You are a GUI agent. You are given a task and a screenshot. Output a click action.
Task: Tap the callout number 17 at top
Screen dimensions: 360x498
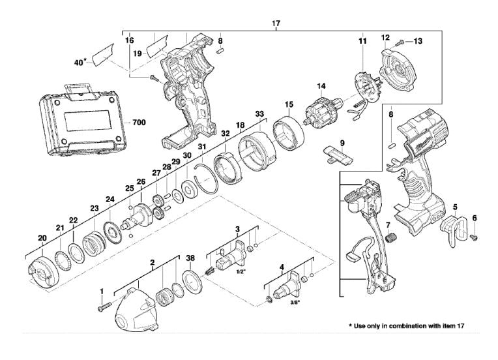click(x=276, y=23)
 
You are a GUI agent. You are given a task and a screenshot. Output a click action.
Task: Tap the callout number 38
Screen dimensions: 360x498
click(x=190, y=258)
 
